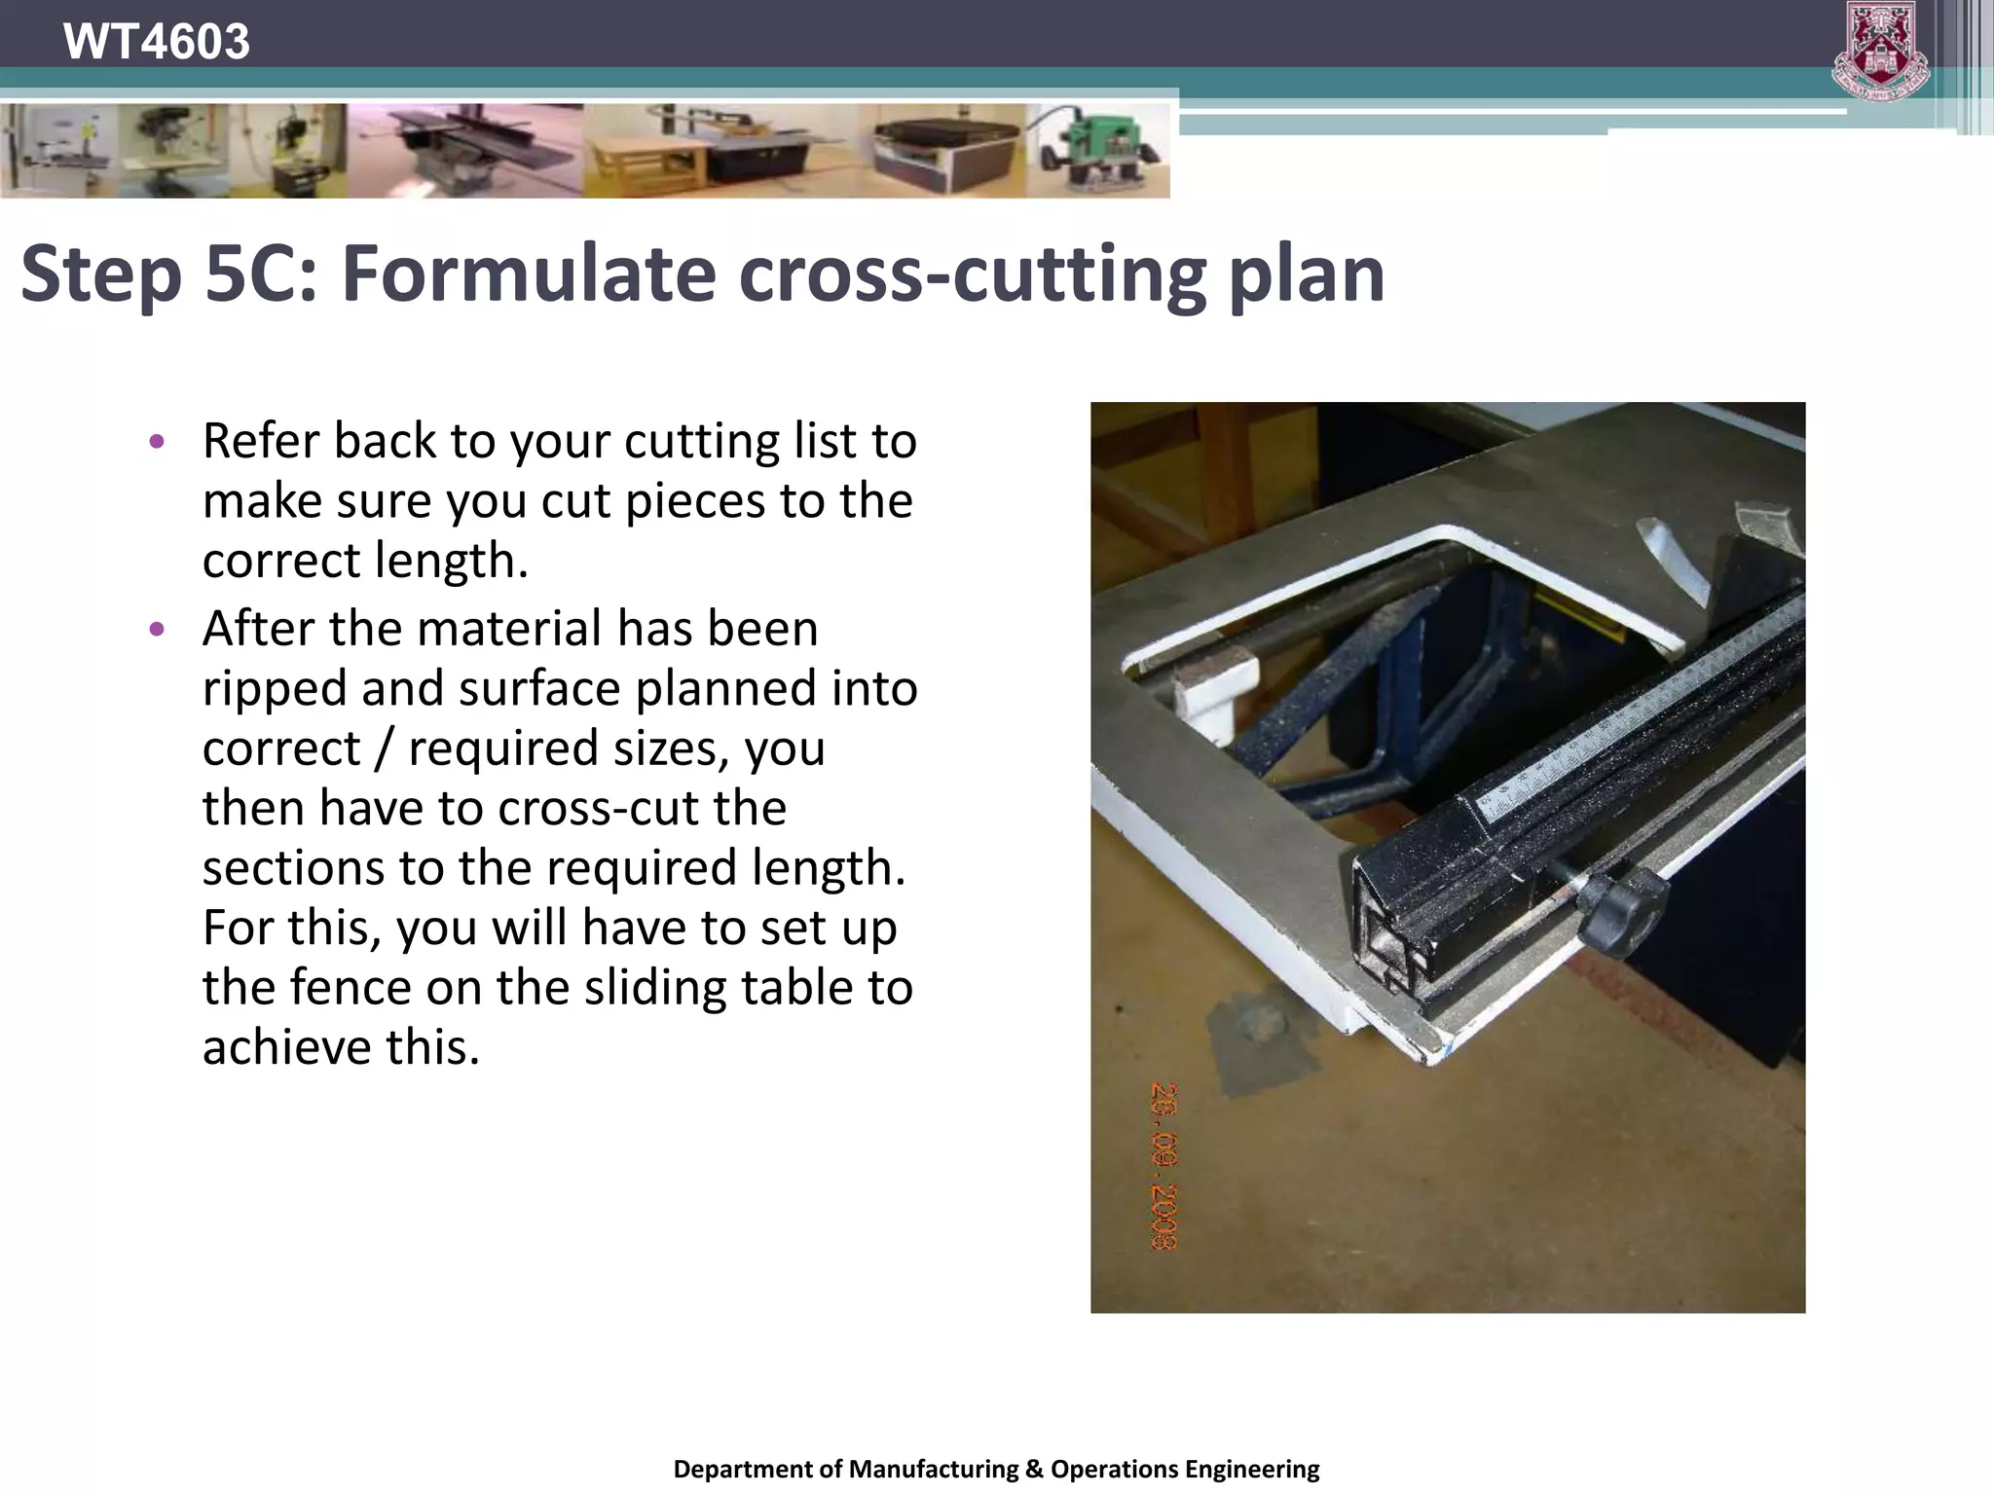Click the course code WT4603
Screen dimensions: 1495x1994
156,42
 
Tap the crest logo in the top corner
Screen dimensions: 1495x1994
1880,51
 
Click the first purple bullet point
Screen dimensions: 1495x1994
157,442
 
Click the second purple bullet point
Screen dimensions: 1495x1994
157,629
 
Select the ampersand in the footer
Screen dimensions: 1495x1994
1033,1469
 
